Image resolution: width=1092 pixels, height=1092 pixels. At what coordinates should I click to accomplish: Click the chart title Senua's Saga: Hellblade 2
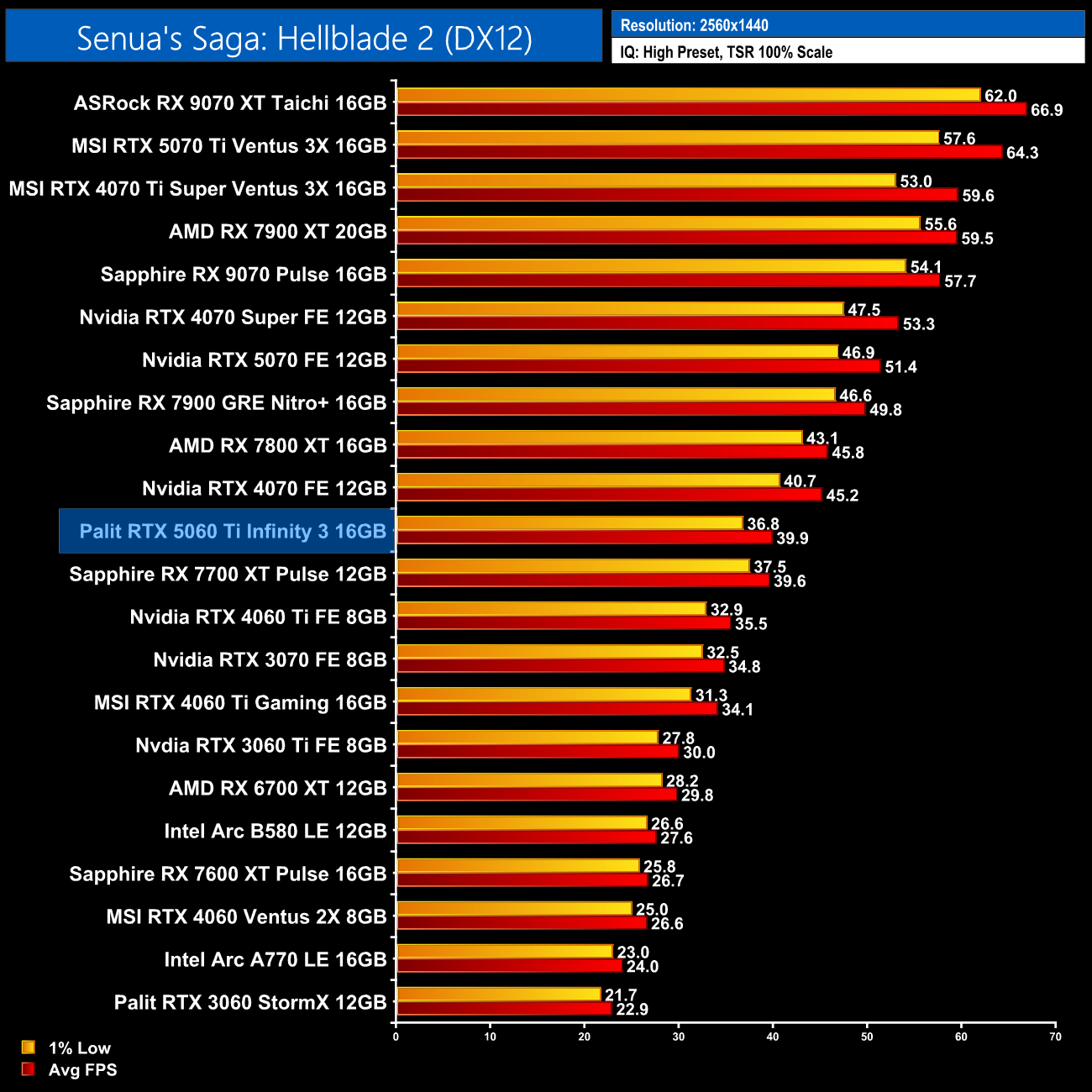coord(304,38)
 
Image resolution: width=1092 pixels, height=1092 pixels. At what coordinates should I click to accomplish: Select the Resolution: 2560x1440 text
coord(694,25)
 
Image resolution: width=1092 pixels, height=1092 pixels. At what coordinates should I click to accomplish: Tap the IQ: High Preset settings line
coord(726,52)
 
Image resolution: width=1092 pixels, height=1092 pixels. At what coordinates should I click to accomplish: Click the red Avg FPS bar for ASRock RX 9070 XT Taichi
coord(711,109)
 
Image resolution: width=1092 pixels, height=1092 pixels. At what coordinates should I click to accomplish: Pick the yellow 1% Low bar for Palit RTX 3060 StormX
coord(498,995)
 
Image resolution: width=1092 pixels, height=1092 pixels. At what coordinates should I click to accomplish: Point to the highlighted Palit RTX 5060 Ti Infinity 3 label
coord(233,531)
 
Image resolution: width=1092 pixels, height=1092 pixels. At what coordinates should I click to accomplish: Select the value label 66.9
coord(1047,110)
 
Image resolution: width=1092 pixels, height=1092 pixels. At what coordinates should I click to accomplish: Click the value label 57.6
coord(959,139)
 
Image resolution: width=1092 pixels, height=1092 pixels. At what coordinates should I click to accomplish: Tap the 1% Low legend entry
coord(79,1047)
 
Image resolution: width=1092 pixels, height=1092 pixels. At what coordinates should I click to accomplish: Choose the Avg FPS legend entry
coord(82,1069)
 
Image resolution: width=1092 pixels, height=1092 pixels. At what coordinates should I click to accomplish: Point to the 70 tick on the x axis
coord(1055,1037)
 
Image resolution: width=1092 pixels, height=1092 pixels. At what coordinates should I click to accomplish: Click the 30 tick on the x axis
coord(679,1037)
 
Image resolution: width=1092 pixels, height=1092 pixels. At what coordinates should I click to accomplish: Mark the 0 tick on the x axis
coord(396,1037)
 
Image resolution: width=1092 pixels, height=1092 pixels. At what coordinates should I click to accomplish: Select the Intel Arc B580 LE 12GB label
coord(275,831)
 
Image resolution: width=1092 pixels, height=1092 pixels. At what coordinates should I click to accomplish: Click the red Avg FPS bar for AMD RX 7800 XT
coord(612,452)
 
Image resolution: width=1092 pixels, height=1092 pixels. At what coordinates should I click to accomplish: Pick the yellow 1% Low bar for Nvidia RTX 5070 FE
coord(617,352)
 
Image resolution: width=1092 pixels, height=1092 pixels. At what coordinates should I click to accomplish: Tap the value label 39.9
coord(792,538)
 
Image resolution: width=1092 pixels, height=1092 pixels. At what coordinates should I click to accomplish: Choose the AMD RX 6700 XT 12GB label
coord(277,788)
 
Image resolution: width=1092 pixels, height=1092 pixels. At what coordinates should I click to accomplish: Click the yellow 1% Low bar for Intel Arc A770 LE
coord(504,952)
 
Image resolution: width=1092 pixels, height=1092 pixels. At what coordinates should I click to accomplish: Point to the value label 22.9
coord(632,1010)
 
